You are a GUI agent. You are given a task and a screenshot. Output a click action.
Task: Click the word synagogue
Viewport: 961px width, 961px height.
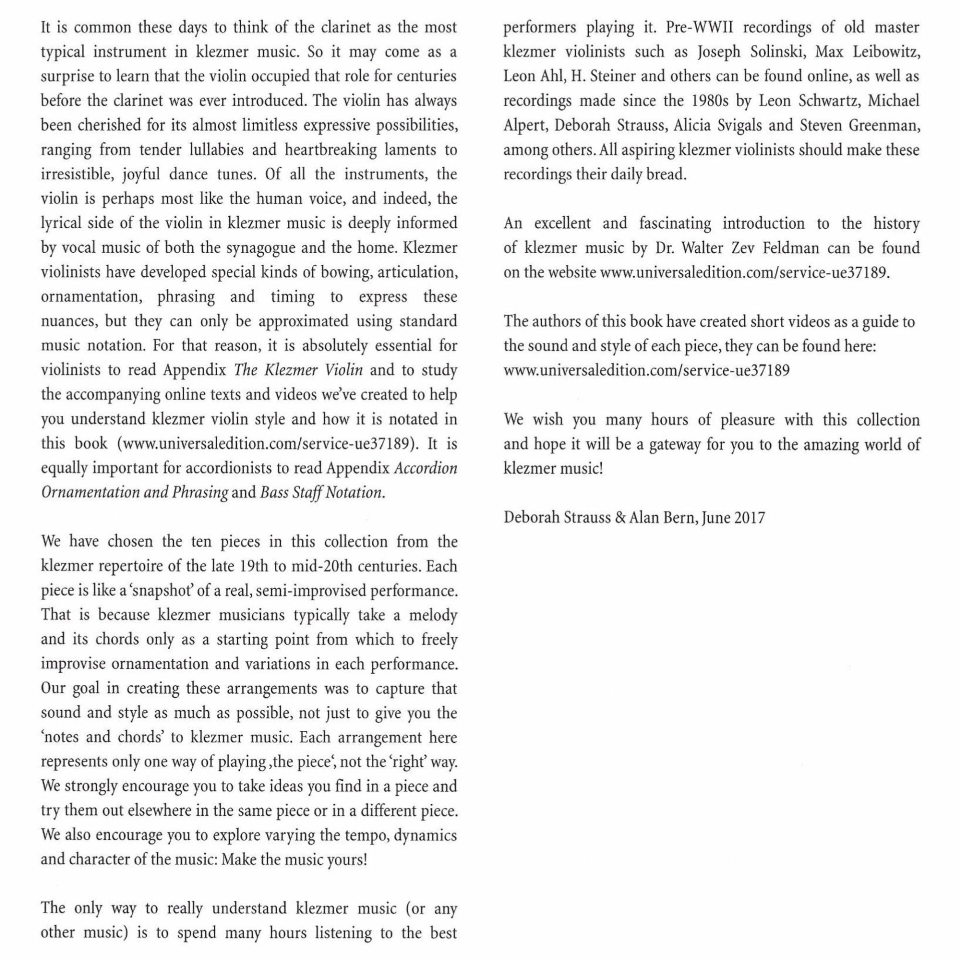261,248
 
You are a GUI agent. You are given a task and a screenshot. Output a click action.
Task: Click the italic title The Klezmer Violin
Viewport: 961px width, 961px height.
298,370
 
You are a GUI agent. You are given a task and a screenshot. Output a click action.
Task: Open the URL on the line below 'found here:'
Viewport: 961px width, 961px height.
646,370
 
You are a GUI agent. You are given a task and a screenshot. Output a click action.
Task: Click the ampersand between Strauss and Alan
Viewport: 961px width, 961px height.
620,518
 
